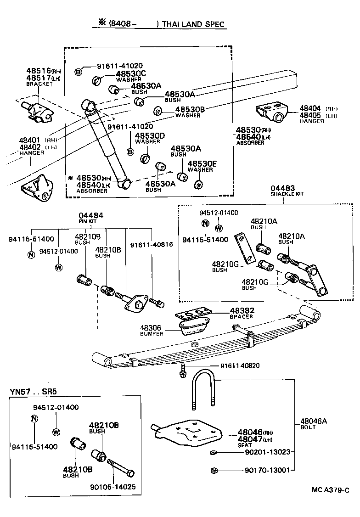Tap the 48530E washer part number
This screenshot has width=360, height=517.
pyautogui.click(x=202, y=163)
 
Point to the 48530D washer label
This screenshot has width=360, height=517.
pyautogui.click(x=149, y=135)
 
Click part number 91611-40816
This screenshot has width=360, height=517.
pyautogui.click(x=152, y=245)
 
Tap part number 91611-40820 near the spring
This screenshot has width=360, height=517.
pyautogui.click(x=240, y=365)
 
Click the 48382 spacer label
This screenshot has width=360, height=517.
pyautogui.click(x=242, y=311)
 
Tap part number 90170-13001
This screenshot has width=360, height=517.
pyautogui.click(x=261, y=470)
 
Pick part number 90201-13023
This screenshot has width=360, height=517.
pyautogui.click(x=261, y=452)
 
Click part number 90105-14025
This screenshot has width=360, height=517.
pyautogui.click(x=112, y=486)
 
